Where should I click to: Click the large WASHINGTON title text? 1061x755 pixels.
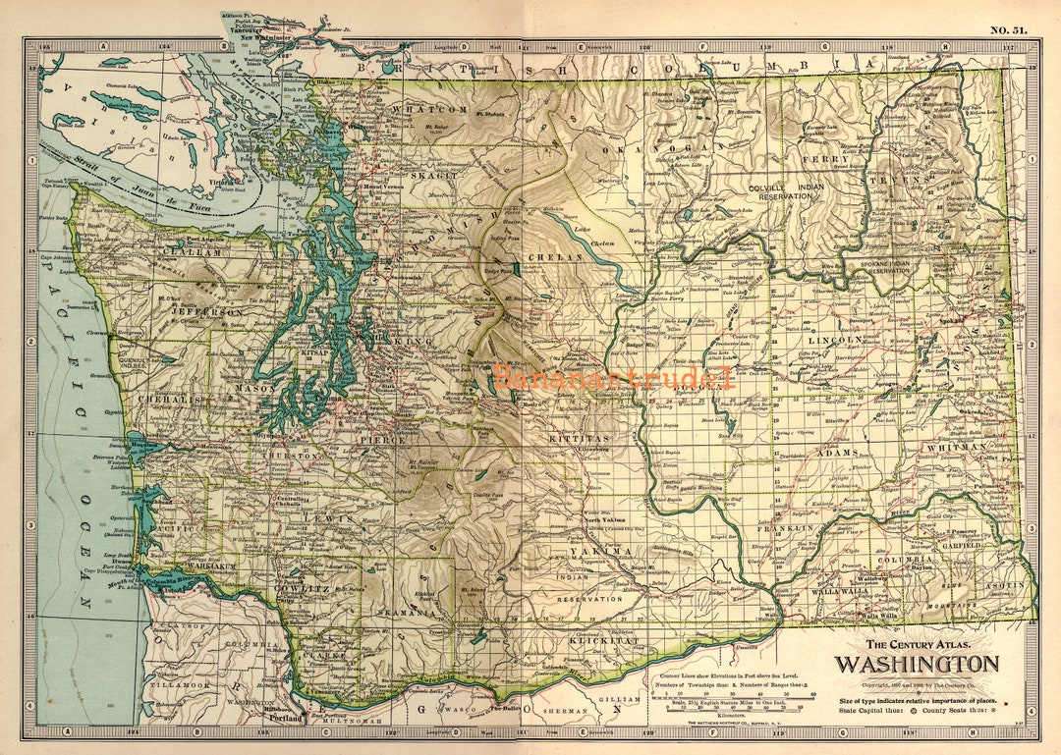[917, 664]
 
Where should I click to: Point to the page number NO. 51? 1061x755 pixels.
[1008, 29]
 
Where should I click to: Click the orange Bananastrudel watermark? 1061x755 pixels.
[614, 377]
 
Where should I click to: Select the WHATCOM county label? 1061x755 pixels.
[429, 109]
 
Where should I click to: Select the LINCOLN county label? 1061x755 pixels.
[835, 340]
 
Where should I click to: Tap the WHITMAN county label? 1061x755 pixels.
[954, 447]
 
